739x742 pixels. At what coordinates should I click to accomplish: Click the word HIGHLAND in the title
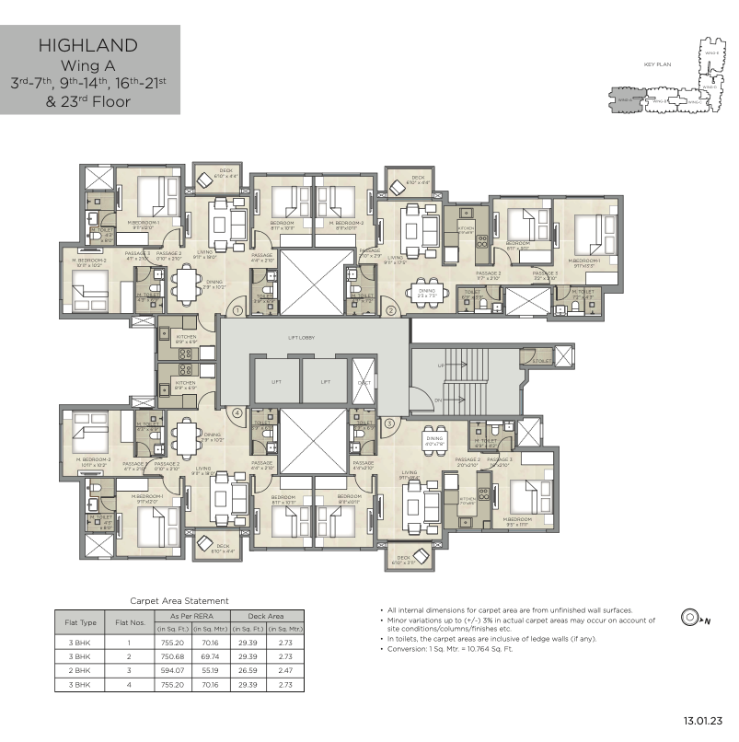(88, 45)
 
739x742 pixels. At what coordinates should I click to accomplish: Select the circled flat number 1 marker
(237, 310)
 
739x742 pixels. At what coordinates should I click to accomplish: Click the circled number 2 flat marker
(391, 310)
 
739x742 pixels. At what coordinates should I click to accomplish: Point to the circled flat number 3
(389, 423)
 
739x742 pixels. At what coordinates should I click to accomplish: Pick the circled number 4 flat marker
(237, 413)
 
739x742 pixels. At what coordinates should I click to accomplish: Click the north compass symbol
(688, 618)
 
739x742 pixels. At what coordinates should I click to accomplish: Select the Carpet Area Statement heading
(179, 600)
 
